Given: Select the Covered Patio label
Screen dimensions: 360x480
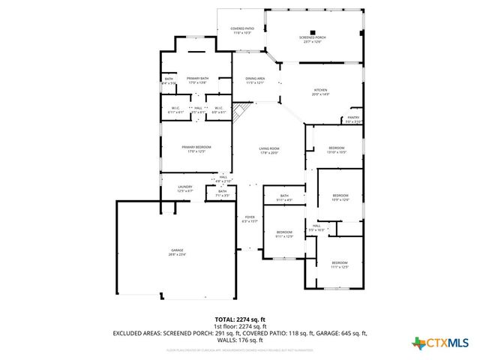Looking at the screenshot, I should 241,31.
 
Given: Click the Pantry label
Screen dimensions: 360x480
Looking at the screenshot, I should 352,118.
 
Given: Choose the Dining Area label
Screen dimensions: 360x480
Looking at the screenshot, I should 255,79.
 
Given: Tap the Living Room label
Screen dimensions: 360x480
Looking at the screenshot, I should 269,151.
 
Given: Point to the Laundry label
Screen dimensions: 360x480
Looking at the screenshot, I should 185,189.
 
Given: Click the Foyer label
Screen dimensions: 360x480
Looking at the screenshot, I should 250,219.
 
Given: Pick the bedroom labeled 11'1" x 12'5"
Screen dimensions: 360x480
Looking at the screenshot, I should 340,265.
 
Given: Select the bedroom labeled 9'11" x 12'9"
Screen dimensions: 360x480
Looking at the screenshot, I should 283,235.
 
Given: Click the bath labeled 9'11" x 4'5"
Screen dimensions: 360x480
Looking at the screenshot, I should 284,198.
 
